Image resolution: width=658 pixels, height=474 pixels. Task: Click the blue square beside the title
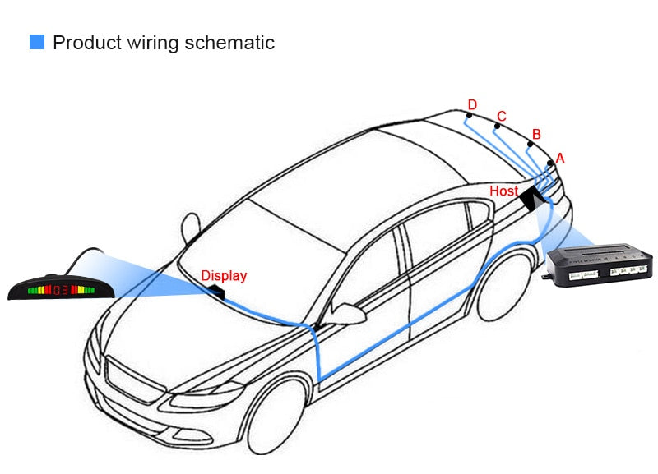[x=37, y=42]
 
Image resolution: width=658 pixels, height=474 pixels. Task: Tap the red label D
[x=472, y=104]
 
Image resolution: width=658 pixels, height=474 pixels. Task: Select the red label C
[x=502, y=116]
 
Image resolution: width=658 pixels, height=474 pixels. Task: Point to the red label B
[x=536, y=134]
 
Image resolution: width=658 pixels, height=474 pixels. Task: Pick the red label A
[x=560, y=157]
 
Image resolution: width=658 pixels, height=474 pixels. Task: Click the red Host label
[x=504, y=191]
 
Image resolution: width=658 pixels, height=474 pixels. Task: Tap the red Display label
[x=224, y=276]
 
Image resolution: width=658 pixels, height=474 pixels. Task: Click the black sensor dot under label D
[x=467, y=116]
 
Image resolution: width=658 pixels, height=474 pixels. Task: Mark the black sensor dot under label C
[x=496, y=127]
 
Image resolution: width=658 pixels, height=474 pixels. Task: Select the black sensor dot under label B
[x=529, y=145]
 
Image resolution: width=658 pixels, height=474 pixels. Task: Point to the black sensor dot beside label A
[x=549, y=163]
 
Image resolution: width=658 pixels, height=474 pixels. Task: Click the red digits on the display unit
[x=60, y=289]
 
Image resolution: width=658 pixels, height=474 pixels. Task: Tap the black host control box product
[x=600, y=264]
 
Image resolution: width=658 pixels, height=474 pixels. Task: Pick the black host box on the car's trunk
[x=529, y=197]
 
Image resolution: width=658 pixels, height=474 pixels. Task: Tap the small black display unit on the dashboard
[x=215, y=290]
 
